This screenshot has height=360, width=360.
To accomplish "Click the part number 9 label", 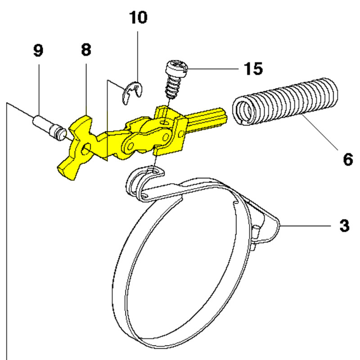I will point(38,50).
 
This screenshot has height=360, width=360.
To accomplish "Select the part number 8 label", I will point(86,49).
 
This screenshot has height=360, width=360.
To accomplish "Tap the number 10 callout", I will point(138,18).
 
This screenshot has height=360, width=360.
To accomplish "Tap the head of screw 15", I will point(175,68).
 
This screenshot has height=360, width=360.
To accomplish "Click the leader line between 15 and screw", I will point(211,69).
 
